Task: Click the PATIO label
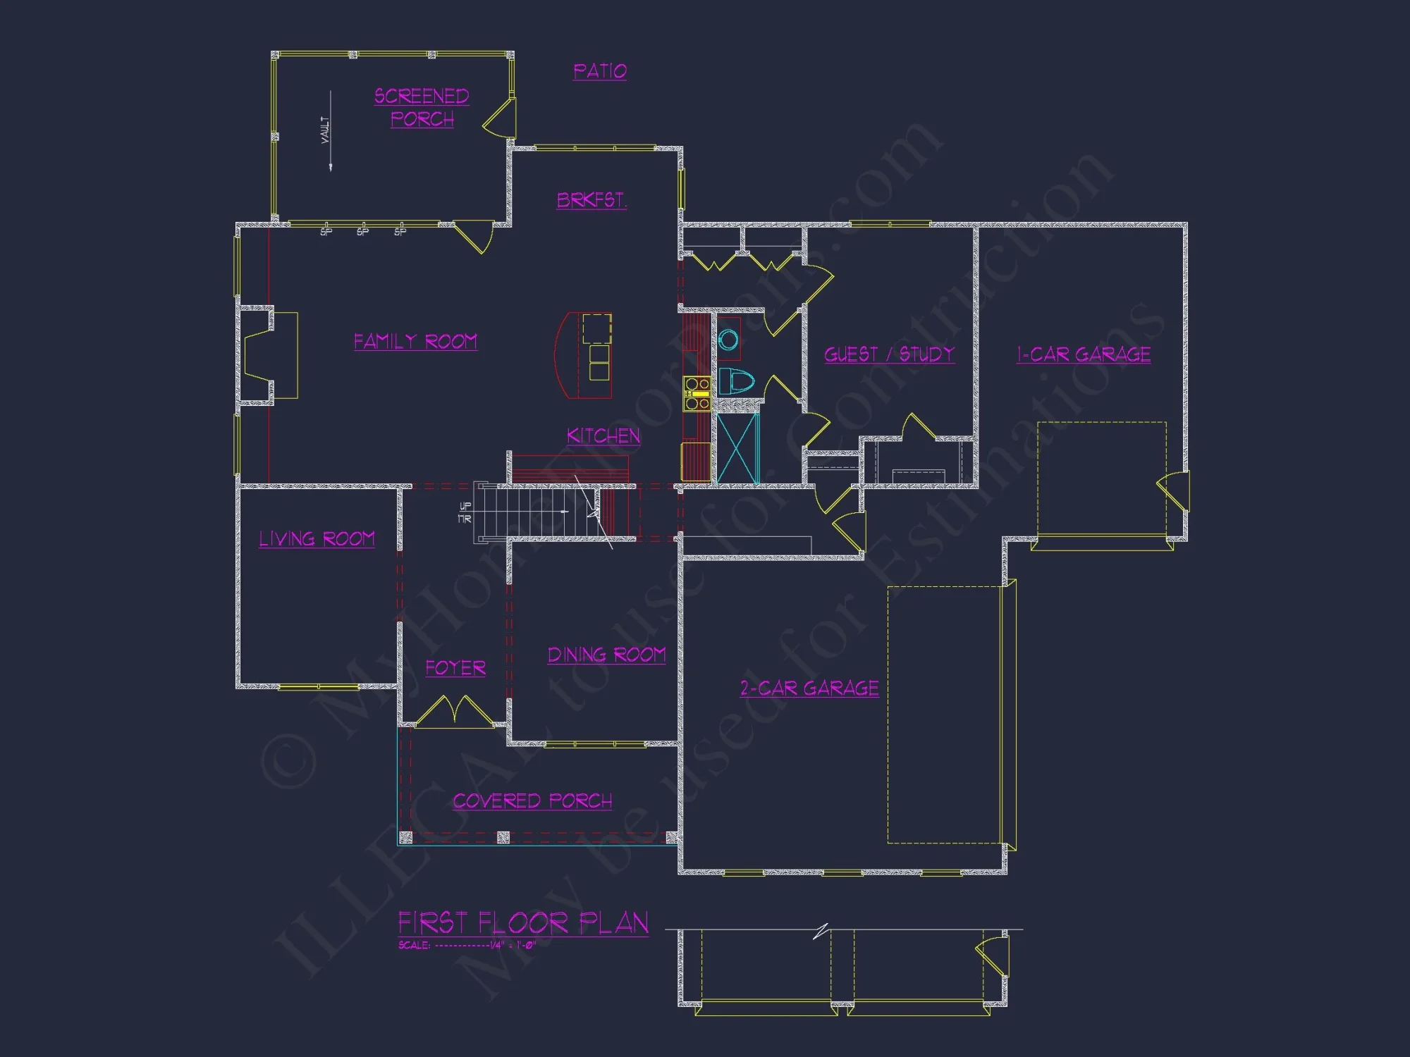[599, 71]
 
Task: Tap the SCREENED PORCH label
[422, 107]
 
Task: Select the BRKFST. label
[591, 200]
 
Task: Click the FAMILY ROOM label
[415, 342]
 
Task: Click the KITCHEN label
[603, 436]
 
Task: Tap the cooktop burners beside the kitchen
[697, 393]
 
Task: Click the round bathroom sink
[728, 340]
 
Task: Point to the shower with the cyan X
[737, 448]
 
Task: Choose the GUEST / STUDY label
[889, 354]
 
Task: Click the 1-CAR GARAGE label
[1084, 354]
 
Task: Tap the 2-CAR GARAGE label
[809, 688]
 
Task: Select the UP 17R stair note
[465, 512]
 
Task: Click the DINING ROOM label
[606, 655]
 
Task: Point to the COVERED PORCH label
[532, 801]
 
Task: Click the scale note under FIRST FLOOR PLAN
[467, 945]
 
